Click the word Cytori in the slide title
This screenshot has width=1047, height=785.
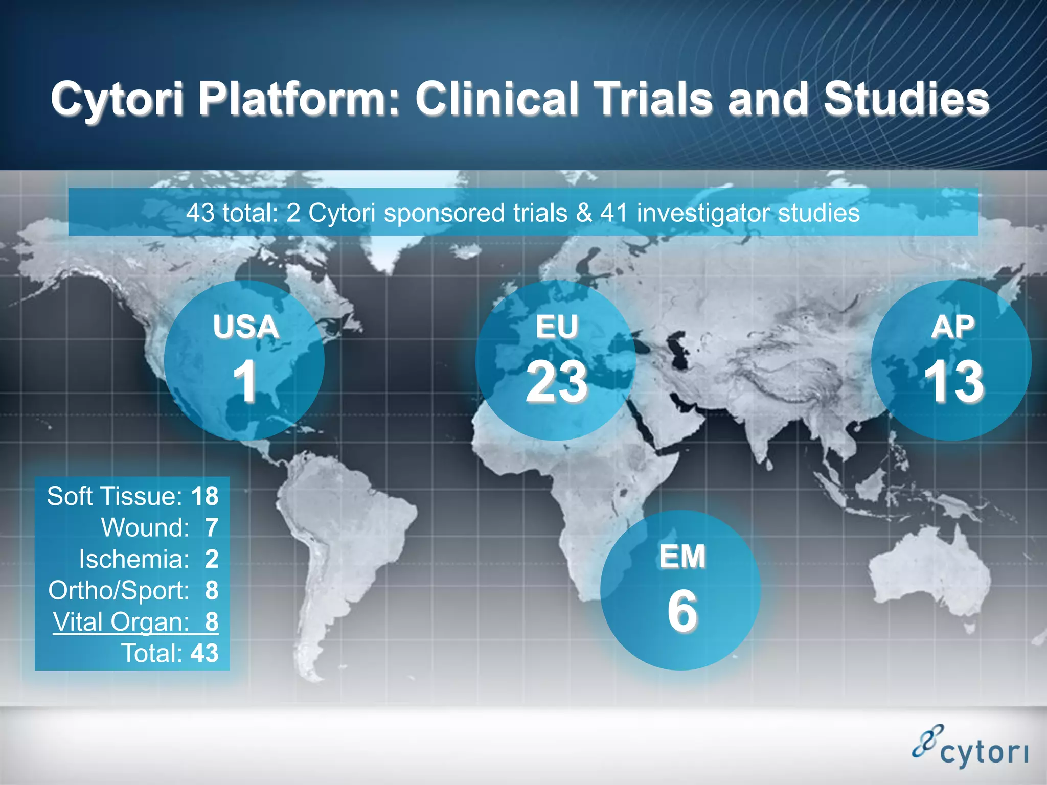coord(117,99)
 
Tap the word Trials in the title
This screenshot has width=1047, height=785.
coord(654,98)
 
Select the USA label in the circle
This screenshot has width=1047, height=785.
coord(245,327)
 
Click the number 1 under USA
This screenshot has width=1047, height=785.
coord(245,381)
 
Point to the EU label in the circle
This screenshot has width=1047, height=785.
coord(557,327)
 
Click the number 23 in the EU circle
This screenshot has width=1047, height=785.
coord(557,381)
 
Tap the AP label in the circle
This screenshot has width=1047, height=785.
coord(952,327)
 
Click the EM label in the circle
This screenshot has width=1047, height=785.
coord(682,557)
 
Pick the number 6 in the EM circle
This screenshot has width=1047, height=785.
coord(682,611)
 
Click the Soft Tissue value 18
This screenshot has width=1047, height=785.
coord(204,496)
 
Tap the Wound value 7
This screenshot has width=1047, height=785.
coord(212,528)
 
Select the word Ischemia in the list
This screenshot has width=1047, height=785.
coord(134,559)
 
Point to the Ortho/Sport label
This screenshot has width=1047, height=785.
coord(119,591)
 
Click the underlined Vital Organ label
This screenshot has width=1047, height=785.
coord(121,622)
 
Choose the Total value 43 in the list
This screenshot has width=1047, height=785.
coord(204,653)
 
